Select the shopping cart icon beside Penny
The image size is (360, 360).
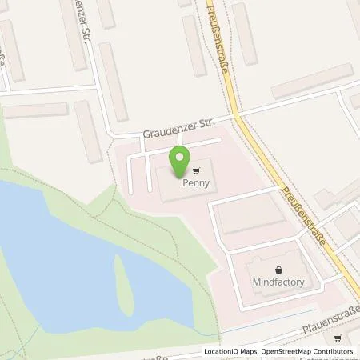pos(196,170)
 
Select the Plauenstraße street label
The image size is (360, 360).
pos(330,319)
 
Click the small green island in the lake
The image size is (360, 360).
pos(122,277)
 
